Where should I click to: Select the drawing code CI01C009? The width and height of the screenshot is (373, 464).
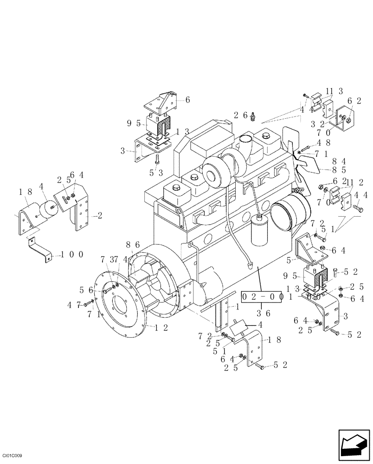coord(13,457)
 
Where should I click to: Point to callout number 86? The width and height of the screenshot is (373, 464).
coord(133,245)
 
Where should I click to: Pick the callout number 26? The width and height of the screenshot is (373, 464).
coord(240,115)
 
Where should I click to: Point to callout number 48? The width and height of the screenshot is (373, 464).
coord(323,143)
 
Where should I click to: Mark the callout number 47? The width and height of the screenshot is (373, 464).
coord(74,304)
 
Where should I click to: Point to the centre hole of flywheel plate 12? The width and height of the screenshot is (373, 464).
coord(120,307)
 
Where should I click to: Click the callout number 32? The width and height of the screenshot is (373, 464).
coord(318,124)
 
